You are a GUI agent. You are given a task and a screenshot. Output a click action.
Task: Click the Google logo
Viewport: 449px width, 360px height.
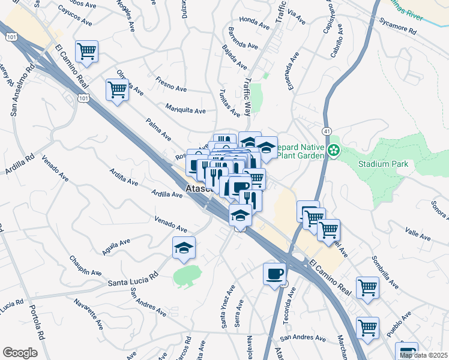coord(20,352)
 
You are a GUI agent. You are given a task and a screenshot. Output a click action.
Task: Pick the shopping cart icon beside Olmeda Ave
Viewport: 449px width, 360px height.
coord(117,90)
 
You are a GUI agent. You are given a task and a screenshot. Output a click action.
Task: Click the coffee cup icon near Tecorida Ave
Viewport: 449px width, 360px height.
coord(274,274)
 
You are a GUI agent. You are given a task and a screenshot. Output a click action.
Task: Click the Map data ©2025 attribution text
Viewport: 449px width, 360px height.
coord(423,355)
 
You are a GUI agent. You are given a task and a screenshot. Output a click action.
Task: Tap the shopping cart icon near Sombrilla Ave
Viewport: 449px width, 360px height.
coord(367,287)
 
